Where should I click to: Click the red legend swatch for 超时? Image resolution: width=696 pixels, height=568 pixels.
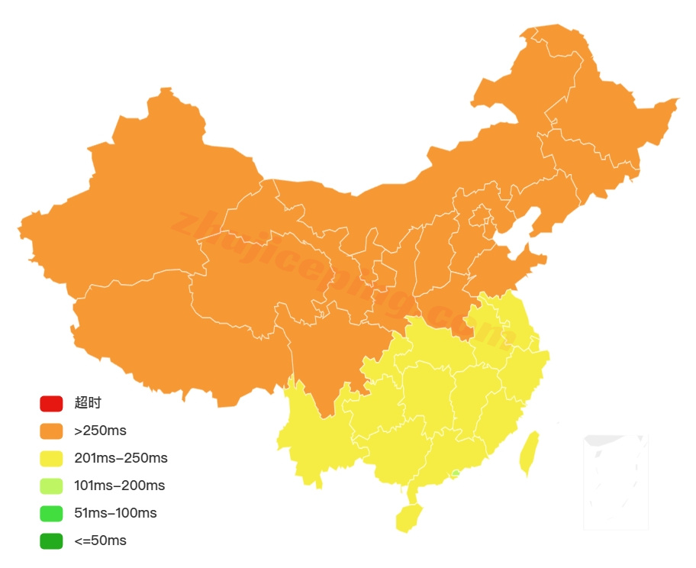click(51, 403)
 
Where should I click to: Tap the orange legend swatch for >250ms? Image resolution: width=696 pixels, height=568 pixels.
click(51, 431)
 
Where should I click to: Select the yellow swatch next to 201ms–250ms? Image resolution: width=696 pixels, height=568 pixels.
click(51, 458)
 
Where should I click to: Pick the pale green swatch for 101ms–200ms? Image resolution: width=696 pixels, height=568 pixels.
click(51, 486)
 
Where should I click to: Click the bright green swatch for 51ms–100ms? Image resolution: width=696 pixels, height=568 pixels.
click(51, 513)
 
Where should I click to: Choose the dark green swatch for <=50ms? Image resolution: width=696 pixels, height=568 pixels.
click(51, 541)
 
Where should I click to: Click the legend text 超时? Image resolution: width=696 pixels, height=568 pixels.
click(88, 403)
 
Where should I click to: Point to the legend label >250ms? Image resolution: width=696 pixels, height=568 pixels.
click(101, 431)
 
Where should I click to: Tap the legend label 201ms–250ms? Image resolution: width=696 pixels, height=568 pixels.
click(121, 458)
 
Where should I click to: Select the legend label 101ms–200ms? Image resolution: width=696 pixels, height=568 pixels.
click(120, 486)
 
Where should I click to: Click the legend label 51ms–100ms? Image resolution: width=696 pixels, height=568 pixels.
click(115, 513)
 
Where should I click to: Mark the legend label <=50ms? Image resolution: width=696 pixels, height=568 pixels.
click(101, 541)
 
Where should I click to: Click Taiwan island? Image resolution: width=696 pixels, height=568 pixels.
click(528, 453)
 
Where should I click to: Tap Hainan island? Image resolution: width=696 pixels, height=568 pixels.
click(408, 518)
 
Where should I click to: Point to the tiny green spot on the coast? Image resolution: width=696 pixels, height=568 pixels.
click(456, 473)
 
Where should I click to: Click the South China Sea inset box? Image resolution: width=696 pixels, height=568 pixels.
click(616, 482)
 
